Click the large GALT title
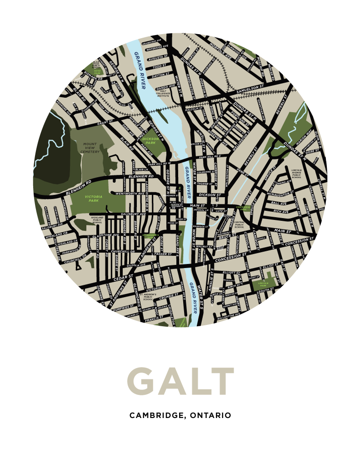coord(180,382)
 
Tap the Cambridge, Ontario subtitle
coord(180,415)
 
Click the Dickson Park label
coord(150,140)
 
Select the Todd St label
coord(161,66)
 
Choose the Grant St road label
coord(105,123)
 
